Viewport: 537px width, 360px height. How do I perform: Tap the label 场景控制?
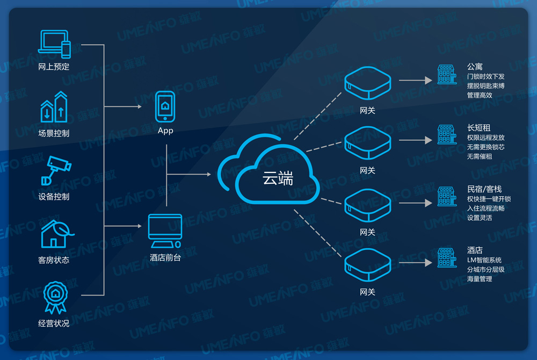click(54, 133)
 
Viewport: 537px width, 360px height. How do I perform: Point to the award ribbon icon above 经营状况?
click(54, 298)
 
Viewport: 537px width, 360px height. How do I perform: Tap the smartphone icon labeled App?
click(165, 107)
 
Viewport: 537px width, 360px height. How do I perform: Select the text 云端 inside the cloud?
click(278, 178)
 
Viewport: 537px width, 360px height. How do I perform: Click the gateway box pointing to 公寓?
click(367, 83)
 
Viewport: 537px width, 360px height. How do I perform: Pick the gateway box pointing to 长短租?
click(367, 143)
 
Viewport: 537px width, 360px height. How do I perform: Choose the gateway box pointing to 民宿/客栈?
click(367, 205)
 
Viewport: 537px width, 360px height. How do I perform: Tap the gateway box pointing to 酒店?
click(367, 265)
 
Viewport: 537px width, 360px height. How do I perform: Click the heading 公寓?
click(475, 67)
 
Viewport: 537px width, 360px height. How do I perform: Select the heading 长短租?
click(478, 128)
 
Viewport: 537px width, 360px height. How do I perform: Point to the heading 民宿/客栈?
click(484, 189)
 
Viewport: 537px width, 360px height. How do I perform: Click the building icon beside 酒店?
click(446, 258)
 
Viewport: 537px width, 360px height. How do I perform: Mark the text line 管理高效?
click(479, 95)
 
